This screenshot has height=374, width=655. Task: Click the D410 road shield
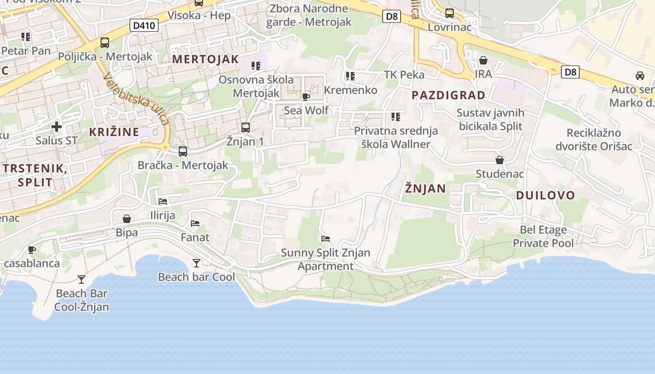click(144, 25)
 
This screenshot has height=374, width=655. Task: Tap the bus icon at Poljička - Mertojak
click(105, 43)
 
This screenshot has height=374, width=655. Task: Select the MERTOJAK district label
click(206, 59)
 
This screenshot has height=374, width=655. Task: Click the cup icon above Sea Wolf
click(306, 97)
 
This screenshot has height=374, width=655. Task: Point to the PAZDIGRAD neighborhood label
click(449, 95)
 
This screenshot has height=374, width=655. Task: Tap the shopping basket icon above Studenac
click(500, 160)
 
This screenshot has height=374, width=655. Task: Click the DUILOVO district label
click(546, 195)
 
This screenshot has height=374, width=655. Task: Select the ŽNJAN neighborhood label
click(425, 189)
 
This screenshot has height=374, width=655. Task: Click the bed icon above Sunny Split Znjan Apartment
click(326, 239)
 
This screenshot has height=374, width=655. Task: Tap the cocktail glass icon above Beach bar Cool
click(196, 263)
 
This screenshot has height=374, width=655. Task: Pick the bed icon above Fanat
click(195, 223)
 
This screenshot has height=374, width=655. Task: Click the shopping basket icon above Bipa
click(127, 219)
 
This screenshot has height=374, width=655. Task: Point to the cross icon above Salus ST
click(57, 127)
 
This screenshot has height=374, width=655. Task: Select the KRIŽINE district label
click(114, 132)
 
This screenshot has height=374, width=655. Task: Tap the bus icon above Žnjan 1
click(246, 127)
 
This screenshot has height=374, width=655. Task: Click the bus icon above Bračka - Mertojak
click(183, 151)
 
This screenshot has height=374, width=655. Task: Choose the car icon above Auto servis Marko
click(640, 76)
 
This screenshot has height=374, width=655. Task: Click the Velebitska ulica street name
click(137, 99)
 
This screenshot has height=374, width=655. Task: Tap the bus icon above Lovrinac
click(450, 14)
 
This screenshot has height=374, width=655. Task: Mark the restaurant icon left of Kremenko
click(350, 76)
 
